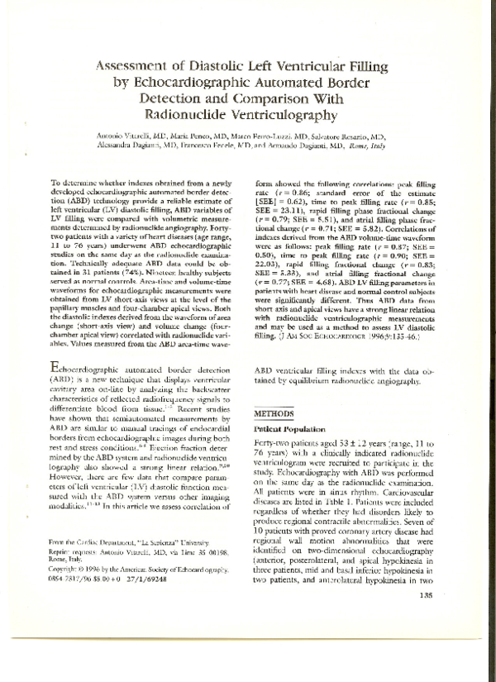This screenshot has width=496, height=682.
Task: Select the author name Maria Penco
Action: (193, 136)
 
